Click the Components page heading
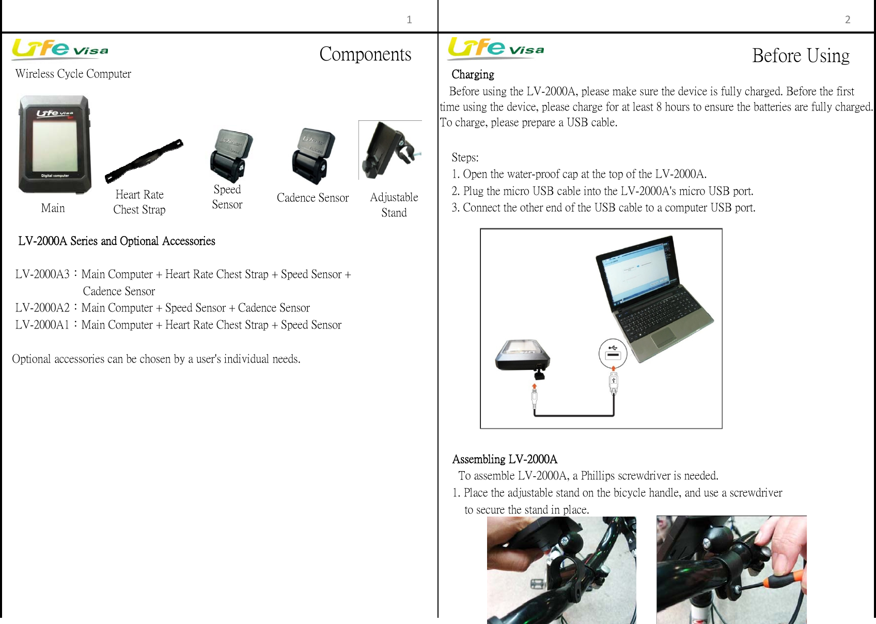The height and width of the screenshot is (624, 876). pos(365,54)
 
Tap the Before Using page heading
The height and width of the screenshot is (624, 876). pos(801,56)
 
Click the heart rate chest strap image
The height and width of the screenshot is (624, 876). pos(144,161)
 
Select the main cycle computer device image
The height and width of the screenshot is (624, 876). pos(54,144)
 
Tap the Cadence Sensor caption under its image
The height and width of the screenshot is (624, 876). pos(312,198)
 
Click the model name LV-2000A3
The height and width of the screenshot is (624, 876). pos(42,274)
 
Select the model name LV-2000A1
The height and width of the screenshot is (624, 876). pos(42,325)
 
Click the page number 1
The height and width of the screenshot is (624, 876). pos(409,20)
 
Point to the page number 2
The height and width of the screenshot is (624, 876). pos(848,20)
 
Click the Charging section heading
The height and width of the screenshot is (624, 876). pos(473,75)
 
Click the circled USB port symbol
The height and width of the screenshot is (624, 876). pos(613,353)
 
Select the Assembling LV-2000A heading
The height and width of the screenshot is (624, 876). pos(505,459)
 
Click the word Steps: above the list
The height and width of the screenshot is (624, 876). pos(465,158)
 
